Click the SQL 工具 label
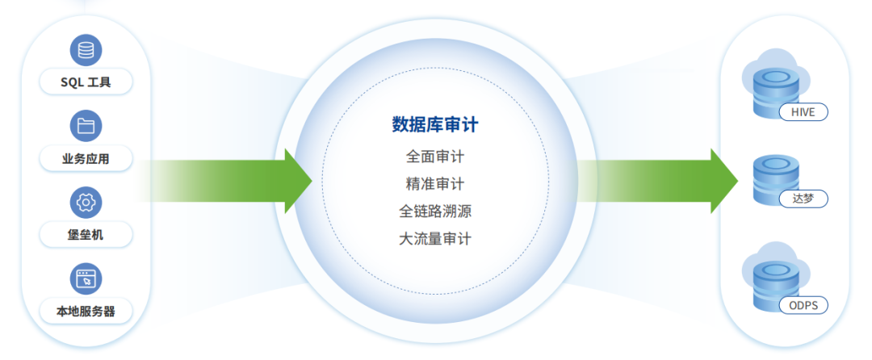pyautogui.click(x=86, y=82)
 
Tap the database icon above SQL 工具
pyautogui.click(x=86, y=49)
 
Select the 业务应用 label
pyautogui.click(x=86, y=159)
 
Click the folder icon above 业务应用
pyautogui.click(x=86, y=126)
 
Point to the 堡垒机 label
pyautogui.click(x=86, y=235)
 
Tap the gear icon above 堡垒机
pyautogui.click(x=86, y=203)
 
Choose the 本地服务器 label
pyautogui.click(x=86, y=311)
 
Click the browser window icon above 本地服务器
pyautogui.click(x=86, y=279)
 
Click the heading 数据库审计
pyautogui.click(x=435, y=124)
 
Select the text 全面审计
pyautogui.click(x=435, y=156)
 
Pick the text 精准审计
pyautogui.click(x=435, y=184)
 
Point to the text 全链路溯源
pyautogui.click(x=435, y=211)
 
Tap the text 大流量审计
pyautogui.click(x=435, y=239)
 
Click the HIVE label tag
pyautogui.click(x=803, y=112)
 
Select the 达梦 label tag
pyautogui.click(x=803, y=198)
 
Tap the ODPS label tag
pyautogui.click(x=803, y=305)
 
